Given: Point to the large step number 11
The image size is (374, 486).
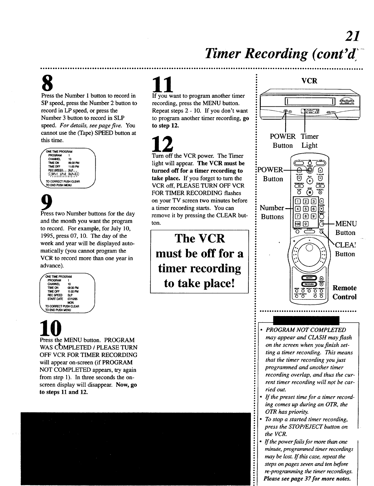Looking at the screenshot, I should click(x=162, y=83).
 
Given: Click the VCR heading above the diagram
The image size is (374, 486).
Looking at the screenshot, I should click(x=309, y=81).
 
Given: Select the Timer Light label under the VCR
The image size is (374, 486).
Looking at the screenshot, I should click(x=310, y=141).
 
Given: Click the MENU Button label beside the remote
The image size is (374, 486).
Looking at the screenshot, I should click(x=346, y=228).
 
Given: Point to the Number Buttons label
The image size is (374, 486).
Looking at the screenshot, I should click(x=272, y=212).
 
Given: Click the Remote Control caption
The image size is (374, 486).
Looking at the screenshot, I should click(x=344, y=292).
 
